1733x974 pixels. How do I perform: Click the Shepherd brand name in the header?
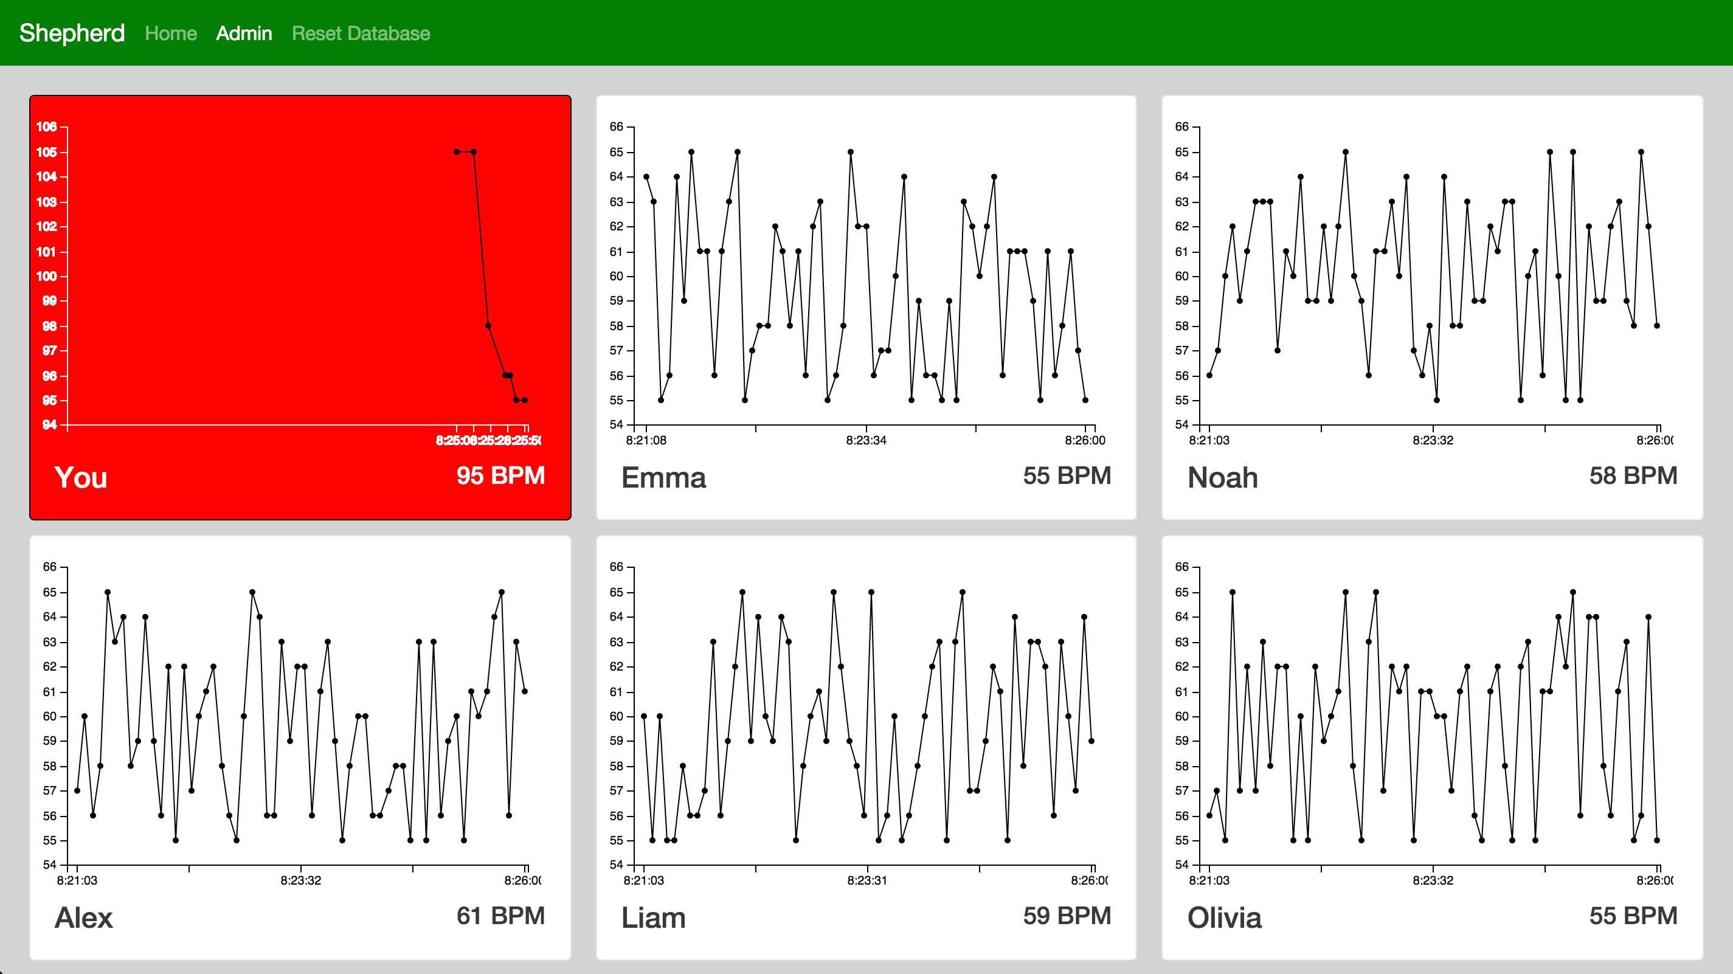click(72, 33)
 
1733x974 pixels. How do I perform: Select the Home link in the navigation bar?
click(171, 33)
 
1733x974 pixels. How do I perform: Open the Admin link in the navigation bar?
click(244, 33)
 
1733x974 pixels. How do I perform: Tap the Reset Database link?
click(361, 33)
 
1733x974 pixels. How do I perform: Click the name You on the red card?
click(81, 478)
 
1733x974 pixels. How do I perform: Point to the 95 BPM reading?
click(500, 475)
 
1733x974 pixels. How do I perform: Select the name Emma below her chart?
click(663, 478)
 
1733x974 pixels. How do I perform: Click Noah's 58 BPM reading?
click(1633, 475)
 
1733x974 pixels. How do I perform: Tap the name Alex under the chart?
click(83, 917)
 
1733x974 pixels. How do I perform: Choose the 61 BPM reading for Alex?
click(500, 916)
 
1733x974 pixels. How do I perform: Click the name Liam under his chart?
click(653, 917)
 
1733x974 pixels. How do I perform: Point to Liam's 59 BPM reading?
click(1067, 916)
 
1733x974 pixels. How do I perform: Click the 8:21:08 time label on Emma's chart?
click(646, 441)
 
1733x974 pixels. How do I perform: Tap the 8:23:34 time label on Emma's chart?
click(866, 441)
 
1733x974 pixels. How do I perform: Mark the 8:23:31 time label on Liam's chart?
click(867, 880)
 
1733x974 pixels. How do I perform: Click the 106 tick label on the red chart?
click(46, 126)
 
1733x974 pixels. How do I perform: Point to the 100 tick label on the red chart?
click(46, 276)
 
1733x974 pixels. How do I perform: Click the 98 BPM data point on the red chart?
click(488, 325)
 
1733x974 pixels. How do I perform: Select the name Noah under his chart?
click(1222, 478)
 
